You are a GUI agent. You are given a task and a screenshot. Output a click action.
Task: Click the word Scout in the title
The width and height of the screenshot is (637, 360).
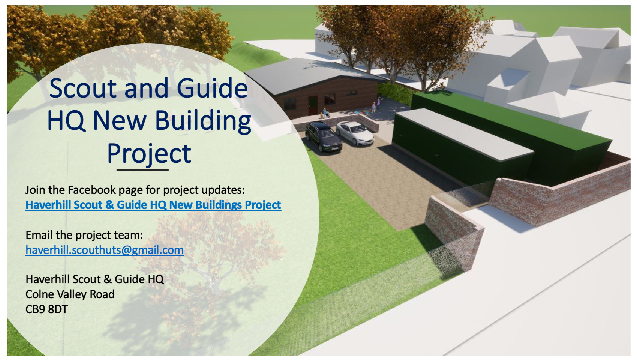[83, 88]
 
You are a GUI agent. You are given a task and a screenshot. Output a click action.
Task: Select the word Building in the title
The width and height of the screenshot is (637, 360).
[203, 121]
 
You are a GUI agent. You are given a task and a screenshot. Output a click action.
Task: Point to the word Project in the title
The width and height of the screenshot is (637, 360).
[149, 154]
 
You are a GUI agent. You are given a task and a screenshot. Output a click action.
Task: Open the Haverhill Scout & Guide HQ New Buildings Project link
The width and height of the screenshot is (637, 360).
[153, 205]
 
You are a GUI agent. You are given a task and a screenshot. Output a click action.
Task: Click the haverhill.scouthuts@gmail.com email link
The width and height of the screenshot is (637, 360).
[105, 250]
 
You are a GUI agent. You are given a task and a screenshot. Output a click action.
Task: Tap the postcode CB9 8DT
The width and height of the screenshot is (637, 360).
[46, 309]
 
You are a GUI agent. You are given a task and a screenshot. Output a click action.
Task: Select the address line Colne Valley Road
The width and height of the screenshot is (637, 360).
[70, 294]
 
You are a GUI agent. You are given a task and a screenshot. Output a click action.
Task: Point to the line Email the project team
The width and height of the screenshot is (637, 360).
[84, 235]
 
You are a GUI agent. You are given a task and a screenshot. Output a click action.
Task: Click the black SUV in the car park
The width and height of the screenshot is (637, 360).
[323, 137]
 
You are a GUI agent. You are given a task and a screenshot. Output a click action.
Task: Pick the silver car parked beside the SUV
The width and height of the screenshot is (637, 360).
[355, 133]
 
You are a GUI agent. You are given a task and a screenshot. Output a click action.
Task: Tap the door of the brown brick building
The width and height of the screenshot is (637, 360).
[313, 105]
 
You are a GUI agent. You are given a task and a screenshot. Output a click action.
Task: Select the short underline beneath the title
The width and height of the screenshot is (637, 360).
[142, 170]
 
